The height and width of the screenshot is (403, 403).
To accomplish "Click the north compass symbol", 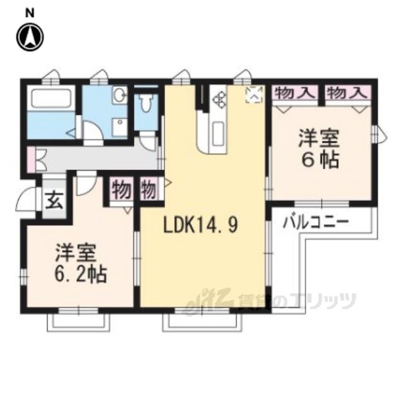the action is tap(30, 37).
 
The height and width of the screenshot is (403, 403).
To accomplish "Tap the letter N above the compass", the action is tap(30, 14).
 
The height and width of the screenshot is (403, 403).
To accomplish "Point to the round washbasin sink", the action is tap(120, 95).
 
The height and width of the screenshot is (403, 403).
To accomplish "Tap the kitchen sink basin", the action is tap(217, 132).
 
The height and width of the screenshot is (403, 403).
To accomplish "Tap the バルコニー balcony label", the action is tap(315, 222).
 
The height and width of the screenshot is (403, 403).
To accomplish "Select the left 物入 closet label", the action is tap(295, 93).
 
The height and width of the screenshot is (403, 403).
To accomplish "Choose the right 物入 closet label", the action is tap(347, 93).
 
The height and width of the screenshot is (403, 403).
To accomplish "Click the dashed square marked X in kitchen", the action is tap(254, 95).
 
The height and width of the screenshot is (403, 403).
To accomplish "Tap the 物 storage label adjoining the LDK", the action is tap(149, 190).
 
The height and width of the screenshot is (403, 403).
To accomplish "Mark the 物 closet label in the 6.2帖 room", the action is tap(121, 190).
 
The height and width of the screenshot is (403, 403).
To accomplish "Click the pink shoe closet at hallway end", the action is tap(31, 159).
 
